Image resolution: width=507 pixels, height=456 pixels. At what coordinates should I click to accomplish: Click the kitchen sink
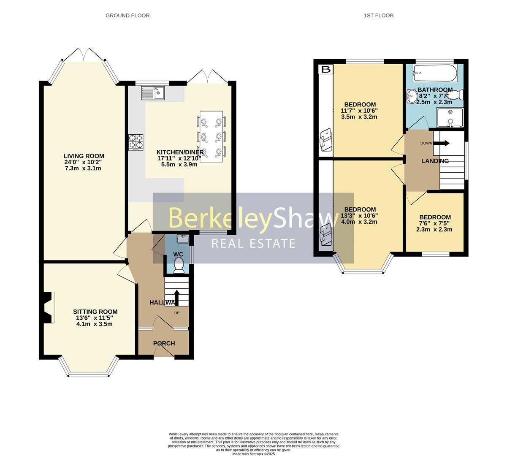click(x=153, y=93)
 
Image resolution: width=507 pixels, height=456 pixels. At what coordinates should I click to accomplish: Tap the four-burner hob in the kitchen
click(x=136, y=142)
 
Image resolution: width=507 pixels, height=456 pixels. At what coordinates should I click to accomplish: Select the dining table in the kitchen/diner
click(x=211, y=136)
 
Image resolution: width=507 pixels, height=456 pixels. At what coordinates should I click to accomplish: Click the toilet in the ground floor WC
click(x=179, y=265)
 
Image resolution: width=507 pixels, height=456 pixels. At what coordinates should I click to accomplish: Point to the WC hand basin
click(x=183, y=239)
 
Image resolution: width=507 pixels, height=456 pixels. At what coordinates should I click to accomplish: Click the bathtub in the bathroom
click(x=435, y=73)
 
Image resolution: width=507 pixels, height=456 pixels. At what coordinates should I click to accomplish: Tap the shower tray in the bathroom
click(x=450, y=118)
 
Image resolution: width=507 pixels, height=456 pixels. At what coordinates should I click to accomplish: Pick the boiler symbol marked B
click(x=326, y=69)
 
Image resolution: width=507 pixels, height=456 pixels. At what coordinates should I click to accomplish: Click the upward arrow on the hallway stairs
click(x=176, y=298)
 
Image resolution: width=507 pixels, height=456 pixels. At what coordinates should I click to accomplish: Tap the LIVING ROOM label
click(x=84, y=156)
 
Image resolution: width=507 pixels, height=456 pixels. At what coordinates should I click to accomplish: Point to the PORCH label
click(x=164, y=343)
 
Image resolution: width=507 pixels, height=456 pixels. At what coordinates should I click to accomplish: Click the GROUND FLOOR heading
click(x=127, y=16)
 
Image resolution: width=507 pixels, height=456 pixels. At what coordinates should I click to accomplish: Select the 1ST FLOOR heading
click(x=379, y=16)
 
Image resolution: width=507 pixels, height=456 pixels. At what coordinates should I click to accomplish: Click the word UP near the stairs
click(x=176, y=313)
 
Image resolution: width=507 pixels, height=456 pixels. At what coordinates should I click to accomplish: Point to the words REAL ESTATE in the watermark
click(x=253, y=244)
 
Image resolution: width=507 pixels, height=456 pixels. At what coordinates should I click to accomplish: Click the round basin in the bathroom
click(x=412, y=96)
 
